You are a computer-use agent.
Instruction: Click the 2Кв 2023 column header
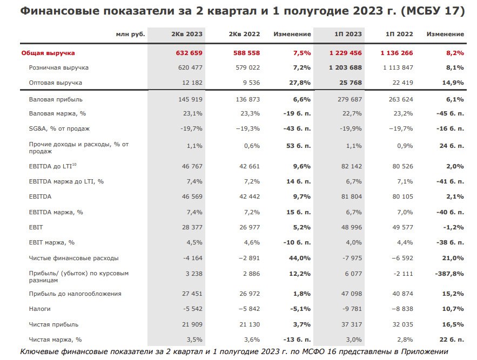[x=187, y=34]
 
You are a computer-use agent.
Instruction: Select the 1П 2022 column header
[x=399, y=34]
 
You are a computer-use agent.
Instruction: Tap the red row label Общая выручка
[x=48, y=53]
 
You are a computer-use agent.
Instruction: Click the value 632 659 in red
[x=189, y=53]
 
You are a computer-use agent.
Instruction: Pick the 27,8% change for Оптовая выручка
[x=300, y=83]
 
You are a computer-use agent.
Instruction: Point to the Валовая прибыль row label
[x=56, y=99]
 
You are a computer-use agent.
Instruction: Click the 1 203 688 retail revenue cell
[x=345, y=67]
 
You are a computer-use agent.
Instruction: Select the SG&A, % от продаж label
[x=59, y=128]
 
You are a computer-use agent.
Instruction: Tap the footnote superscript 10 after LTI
[x=74, y=165]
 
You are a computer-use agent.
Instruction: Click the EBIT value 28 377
[x=192, y=227]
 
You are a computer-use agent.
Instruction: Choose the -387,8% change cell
[x=449, y=274]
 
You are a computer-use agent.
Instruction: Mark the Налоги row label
[x=39, y=309]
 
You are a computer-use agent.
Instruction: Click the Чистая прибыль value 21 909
[x=192, y=324]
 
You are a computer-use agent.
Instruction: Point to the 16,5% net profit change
[x=453, y=324]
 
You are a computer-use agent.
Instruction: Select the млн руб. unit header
[x=131, y=34]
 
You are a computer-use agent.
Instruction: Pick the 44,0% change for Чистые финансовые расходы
[x=300, y=258]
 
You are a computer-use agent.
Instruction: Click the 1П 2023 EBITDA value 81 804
[x=352, y=196]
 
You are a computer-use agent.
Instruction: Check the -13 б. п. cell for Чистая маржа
[x=297, y=339]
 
